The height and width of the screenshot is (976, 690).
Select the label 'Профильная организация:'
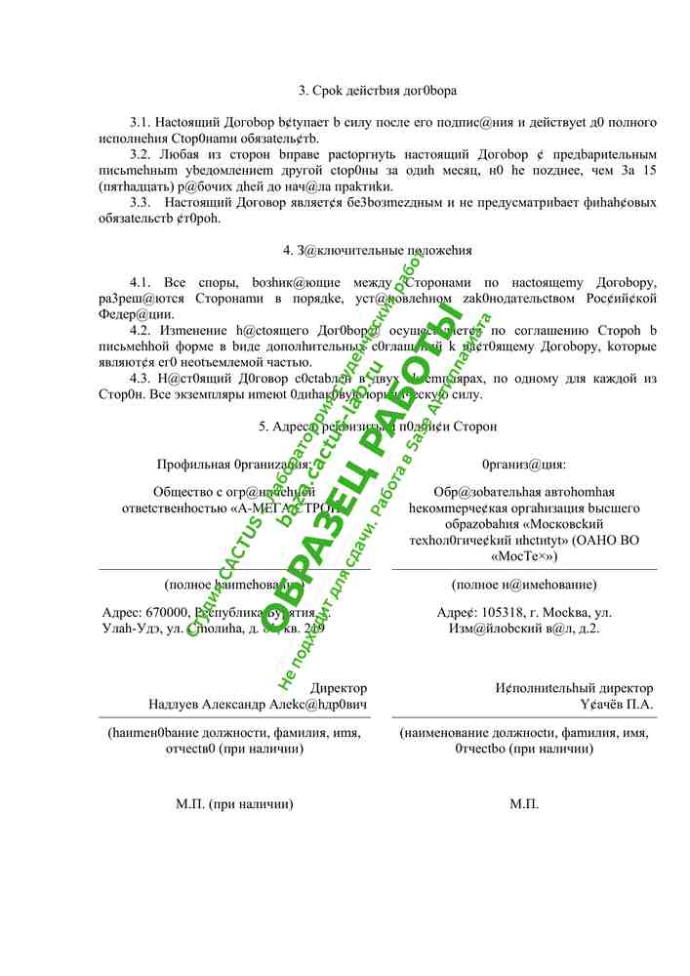point(233,465)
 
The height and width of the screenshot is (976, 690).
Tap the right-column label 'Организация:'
point(524,465)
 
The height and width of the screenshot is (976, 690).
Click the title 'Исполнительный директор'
point(574,688)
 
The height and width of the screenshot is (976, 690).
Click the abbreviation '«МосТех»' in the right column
point(524,556)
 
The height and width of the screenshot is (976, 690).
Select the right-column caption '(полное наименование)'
point(524,585)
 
